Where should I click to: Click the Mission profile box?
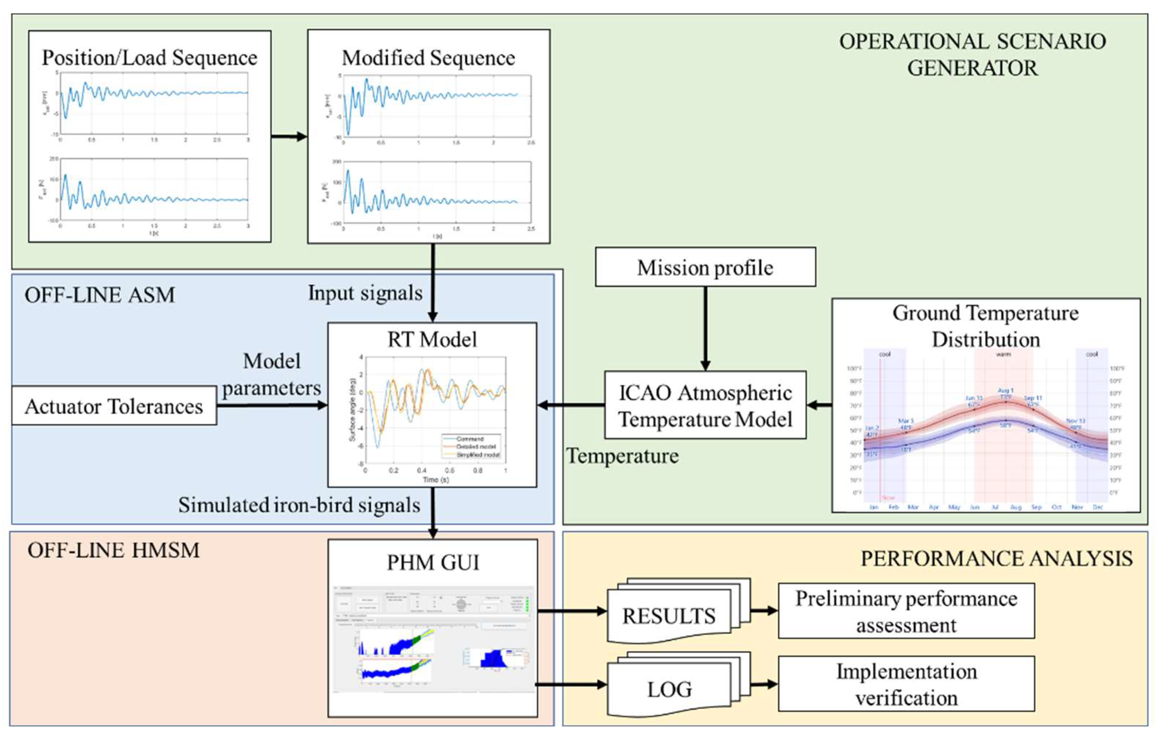tap(705, 267)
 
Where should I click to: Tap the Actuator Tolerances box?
tap(114, 406)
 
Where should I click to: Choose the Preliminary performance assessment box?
tap(906, 611)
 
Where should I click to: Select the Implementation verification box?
tap(906, 684)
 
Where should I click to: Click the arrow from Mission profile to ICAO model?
tap(705, 329)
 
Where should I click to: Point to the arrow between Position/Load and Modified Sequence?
tap(289, 137)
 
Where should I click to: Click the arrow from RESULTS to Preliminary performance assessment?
tap(764, 611)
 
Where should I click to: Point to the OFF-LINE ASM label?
tap(99, 295)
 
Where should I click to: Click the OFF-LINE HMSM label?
tap(114, 550)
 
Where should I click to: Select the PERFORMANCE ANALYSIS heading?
tap(996, 558)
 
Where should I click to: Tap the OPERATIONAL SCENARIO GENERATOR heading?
tap(972, 55)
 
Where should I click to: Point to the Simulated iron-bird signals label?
tap(299, 505)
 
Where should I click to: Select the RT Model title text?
tap(432, 340)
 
